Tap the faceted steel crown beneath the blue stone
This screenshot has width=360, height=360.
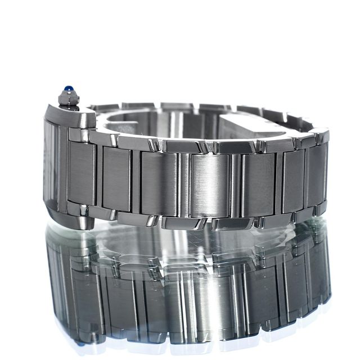69,99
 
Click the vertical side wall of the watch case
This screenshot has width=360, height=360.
54,169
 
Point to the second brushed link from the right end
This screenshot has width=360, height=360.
292,177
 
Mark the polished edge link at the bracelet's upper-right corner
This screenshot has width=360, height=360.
321,136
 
